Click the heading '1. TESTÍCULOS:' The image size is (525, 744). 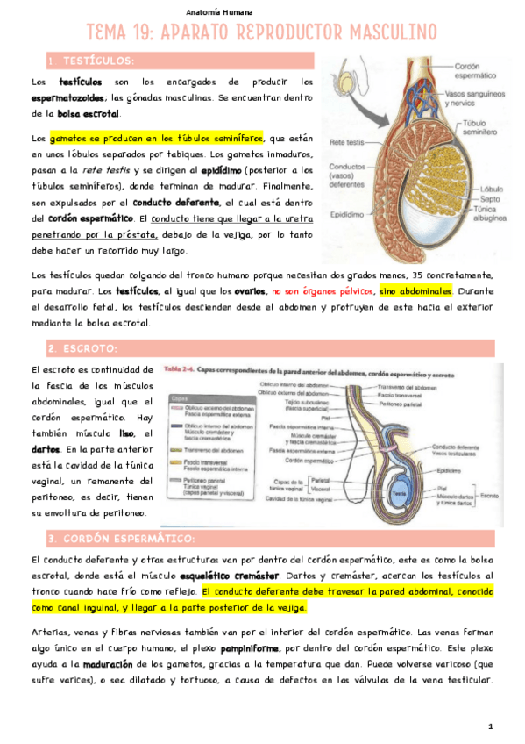click(91, 61)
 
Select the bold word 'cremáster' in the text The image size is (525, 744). click(283, 575)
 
